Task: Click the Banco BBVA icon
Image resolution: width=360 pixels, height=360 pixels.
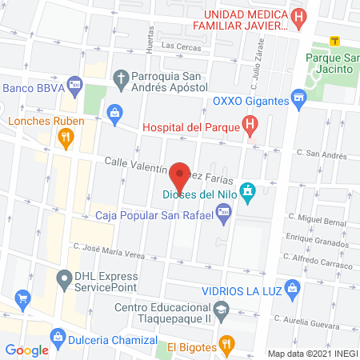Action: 74,82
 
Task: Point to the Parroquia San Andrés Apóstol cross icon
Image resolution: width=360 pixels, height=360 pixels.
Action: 121,78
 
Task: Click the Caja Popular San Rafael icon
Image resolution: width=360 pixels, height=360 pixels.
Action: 223,213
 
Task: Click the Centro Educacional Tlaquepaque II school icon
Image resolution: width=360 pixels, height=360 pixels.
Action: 221,309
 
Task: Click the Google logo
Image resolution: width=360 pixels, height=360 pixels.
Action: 26,350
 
